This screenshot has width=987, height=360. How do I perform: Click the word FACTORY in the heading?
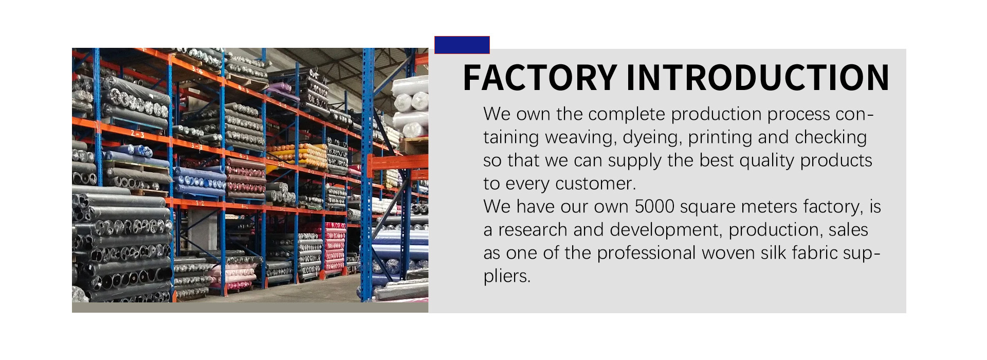click(x=540, y=78)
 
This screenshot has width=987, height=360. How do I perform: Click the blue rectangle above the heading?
click(x=462, y=45)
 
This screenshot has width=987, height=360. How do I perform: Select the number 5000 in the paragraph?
click(x=654, y=207)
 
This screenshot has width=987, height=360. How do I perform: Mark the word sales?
click(x=848, y=230)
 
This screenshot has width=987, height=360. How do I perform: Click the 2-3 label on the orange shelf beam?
click(x=137, y=134)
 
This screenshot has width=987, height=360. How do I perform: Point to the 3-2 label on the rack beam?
click(x=199, y=203)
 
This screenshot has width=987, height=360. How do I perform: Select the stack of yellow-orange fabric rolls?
click(x=297, y=155)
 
